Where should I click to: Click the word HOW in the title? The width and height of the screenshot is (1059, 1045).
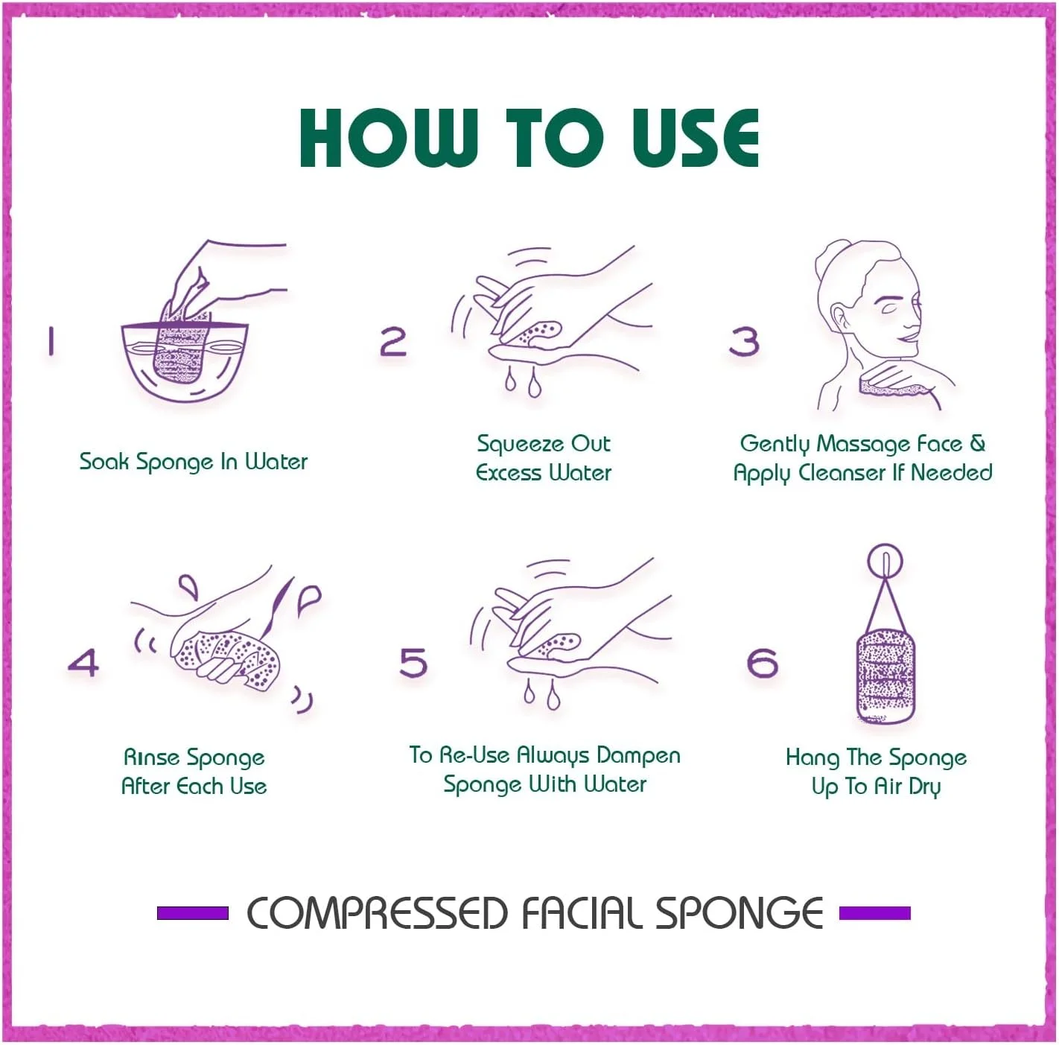[389, 138]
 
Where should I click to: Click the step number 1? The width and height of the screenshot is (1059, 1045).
[51, 341]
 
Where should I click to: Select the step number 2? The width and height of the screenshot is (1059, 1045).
[393, 341]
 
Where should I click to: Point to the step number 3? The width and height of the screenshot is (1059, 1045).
[744, 341]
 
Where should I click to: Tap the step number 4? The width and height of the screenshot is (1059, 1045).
[83, 662]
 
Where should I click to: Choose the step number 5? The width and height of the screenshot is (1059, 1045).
[413, 662]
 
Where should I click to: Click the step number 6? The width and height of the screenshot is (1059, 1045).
[763, 662]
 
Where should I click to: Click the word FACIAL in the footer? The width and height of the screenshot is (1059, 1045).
[582, 914]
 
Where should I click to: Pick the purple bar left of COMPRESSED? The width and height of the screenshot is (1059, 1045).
[193, 913]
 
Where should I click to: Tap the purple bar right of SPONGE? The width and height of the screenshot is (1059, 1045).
[876, 913]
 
